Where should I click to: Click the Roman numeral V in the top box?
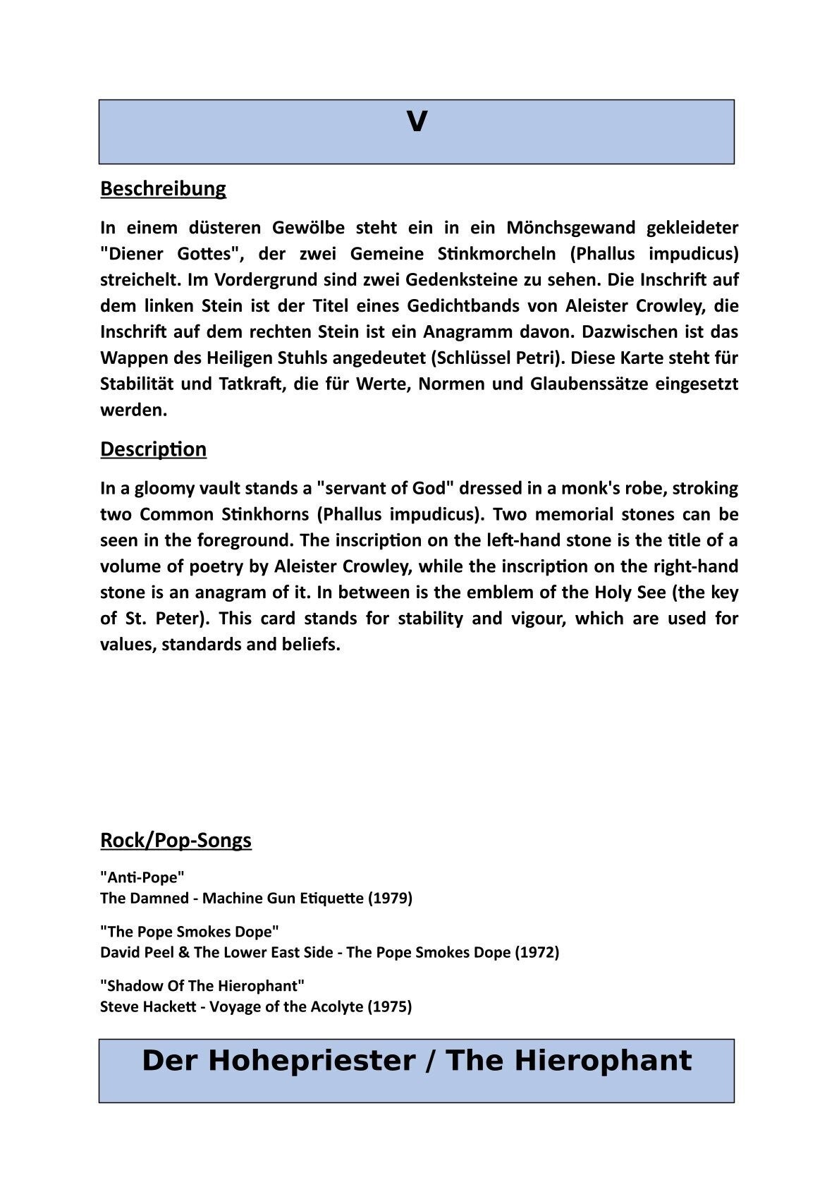[x=417, y=123]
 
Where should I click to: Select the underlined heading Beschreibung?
[x=163, y=189]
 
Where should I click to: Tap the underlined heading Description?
[x=153, y=449]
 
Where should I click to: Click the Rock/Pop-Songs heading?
[x=176, y=840]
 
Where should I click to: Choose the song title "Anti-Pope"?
[x=142, y=877]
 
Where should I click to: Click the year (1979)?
[x=390, y=898]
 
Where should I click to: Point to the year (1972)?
[x=537, y=952]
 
